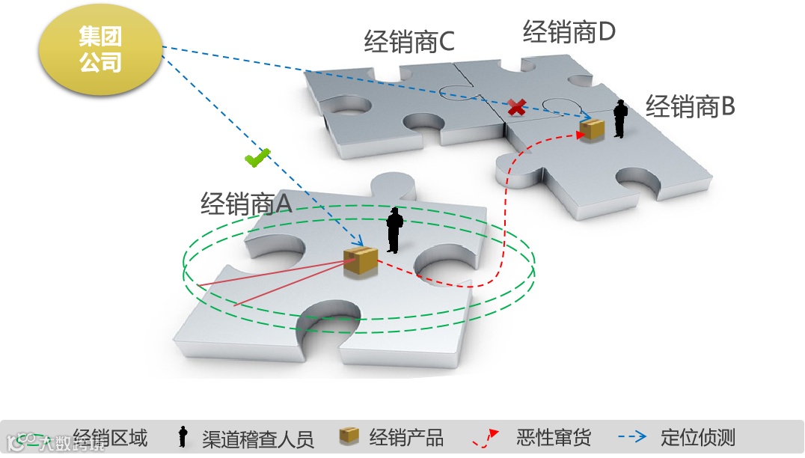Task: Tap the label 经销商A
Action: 245,203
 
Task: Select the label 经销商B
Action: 690,107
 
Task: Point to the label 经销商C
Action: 409,42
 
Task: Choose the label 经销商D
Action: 569,32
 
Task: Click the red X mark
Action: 515,107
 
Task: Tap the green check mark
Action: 257,158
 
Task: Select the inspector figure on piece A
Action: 394,230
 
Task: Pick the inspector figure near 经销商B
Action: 619,120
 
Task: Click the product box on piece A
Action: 360,261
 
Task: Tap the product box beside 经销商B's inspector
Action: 593,129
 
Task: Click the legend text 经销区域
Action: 111,437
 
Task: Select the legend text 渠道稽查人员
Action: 257,438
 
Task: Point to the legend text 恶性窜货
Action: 553,437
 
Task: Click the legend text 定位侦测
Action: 698,437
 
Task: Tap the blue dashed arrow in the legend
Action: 631,437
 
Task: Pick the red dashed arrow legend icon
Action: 486,438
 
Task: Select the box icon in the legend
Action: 349,436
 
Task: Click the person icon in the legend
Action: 182,437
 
